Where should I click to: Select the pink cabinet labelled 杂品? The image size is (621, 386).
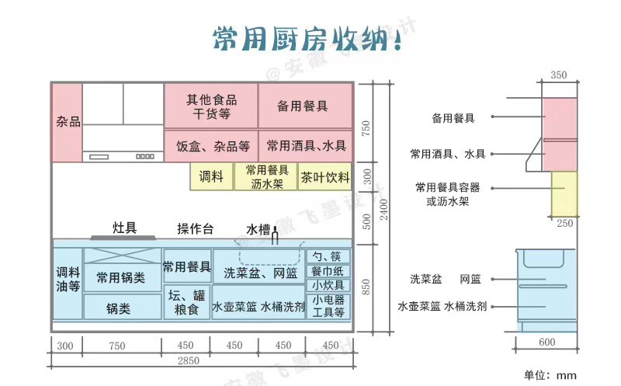point(68,123)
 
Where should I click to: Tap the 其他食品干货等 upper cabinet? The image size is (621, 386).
point(211,106)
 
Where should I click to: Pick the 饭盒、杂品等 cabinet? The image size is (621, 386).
point(211,146)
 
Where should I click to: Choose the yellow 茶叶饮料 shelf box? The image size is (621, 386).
point(324,177)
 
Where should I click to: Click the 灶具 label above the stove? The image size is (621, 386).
point(124,228)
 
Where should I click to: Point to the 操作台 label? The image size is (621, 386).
point(196,228)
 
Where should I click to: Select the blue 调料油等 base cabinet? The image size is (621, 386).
point(68,283)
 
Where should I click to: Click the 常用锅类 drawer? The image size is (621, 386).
point(123,278)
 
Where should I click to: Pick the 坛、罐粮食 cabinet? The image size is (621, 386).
point(186,302)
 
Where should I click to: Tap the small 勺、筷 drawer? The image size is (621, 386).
point(328,256)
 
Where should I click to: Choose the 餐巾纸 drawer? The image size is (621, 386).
point(328,272)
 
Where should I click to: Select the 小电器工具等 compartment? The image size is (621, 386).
point(328,305)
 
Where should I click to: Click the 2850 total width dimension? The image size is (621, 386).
point(188,360)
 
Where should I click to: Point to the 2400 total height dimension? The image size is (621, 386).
point(383,209)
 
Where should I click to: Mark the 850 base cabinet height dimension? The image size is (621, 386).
point(366,287)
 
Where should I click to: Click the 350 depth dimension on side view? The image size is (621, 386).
point(558,75)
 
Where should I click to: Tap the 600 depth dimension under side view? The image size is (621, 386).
point(547,342)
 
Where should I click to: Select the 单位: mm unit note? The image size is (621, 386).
point(550,375)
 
